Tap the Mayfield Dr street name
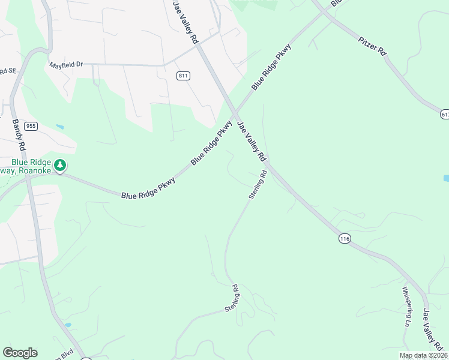66,64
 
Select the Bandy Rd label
19,134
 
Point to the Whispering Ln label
406,306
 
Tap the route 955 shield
31,126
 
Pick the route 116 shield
344,239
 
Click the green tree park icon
59,164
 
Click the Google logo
20,353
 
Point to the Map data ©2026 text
423,355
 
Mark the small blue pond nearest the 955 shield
59,127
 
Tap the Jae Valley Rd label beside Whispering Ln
433,330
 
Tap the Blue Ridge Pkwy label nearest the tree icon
148,187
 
